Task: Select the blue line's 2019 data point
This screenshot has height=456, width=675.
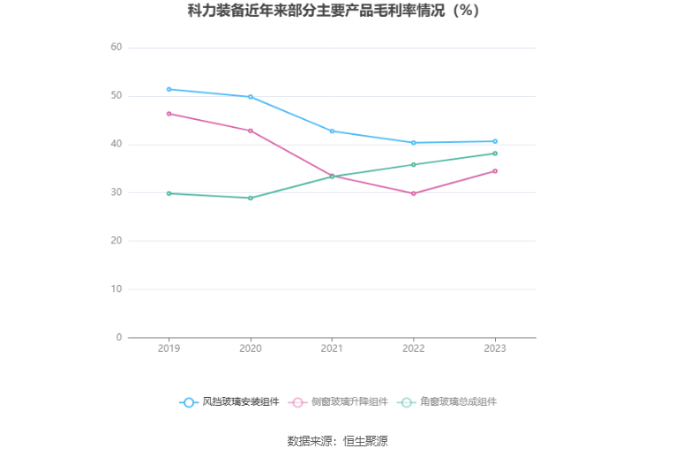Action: click(x=169, y=89)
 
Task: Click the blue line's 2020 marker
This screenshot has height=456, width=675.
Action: click(x=251, y=97)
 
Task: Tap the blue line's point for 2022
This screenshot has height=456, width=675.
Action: click(x=413, y=143)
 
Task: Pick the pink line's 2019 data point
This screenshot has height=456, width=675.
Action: click(x=169, y=114)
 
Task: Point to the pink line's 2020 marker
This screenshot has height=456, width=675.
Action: click(x=251, y=131)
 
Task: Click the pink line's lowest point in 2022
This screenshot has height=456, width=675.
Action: click(x=413, y=193)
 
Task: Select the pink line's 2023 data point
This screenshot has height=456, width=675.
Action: click(x=495, y=171)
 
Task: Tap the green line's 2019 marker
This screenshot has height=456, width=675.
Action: click(x=169, y=193)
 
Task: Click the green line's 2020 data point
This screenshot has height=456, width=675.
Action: click(x=251, y=198)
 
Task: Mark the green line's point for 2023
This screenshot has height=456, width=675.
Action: click(x=495, y=153)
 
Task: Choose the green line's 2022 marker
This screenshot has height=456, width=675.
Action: click(x=413, y=165)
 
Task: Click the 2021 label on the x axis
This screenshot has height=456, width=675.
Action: click(x=332, y=348)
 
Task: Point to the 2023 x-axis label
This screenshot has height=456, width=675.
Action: click(x=495, y=348)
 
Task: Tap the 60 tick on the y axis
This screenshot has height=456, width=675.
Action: click(x=116, y=48)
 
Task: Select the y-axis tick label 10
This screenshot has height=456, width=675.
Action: click(x=116, y=289)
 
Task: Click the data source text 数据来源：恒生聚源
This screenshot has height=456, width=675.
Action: click(x=338, y=441)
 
